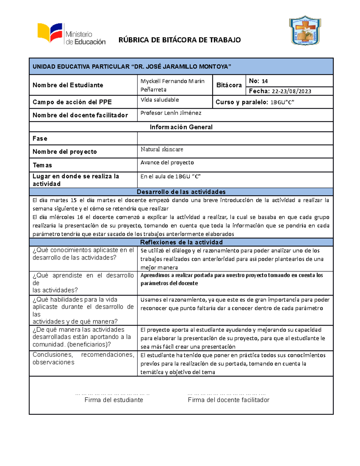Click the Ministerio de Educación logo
click(x=71, y=34)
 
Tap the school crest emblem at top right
click(x=305, y=31)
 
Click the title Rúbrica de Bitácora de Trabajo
click(x=179, y=40)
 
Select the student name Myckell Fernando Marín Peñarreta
click(x=172, y=85)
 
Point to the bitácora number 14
click(x=265, y=81)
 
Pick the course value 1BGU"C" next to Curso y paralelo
click(x=282, y=102)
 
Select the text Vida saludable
click(x=160, y=100)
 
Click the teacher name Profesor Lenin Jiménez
click(x=171, y=113)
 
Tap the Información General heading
click(x=181, y=127)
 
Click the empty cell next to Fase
click(x=235, y=138)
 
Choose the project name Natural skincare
click(x=162, y=149)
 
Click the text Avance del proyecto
click(x=167, y=162)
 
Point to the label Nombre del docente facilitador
click(x=80, y=115)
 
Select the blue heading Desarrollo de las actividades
click(x=181, y=192)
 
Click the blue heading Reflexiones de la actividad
click(x=181, y=242)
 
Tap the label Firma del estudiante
click(x=114, y=400)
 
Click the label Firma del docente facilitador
click(x=228, y=400)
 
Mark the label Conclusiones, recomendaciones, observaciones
click(x=83, y=358)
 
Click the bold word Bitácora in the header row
click(x=229, y=85)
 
